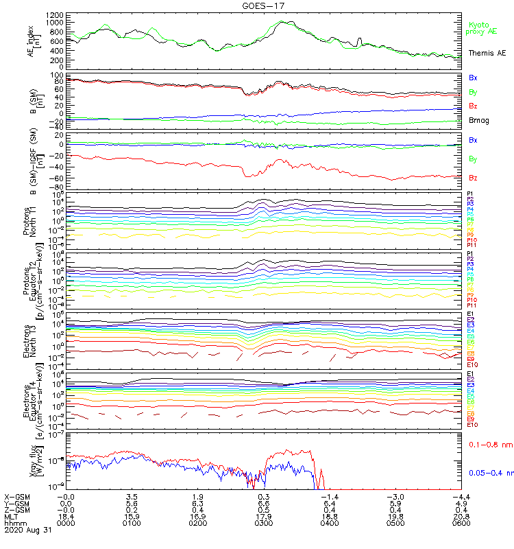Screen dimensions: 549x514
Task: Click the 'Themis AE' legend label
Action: pyautogui.click(x=487, y=53)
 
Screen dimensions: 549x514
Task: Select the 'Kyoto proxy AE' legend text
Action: pyautogui.click(x=482, y=28)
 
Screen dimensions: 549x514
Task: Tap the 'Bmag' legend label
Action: pyautogui.click(x=478, y=120)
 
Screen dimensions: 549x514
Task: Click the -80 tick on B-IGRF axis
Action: pyautogui.click(x=58, y=187)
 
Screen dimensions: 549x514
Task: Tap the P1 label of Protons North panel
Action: pyautogui.click(x=470, y=194)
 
